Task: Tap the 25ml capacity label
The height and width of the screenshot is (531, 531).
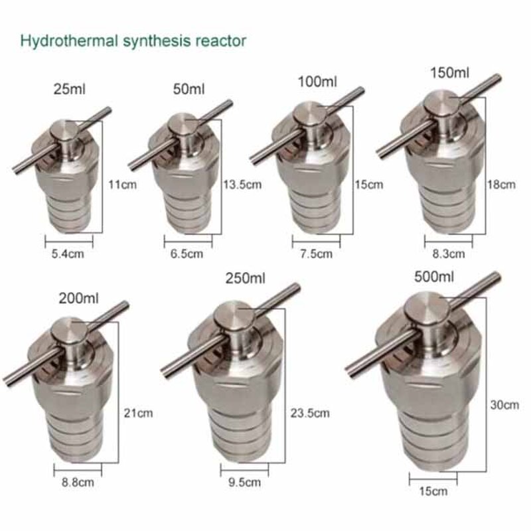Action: pyautogui.click(x=70, y=88)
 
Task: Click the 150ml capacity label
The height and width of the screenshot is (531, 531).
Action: pyautogui.click(x=450, y=72)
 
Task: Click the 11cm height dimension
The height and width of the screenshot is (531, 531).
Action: pyautogui.click(x=122, y=184)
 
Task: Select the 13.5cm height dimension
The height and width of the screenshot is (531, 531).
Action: pyautogui.click(x=243, y=184)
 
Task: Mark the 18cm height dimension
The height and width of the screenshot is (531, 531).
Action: pyautogui.click(x=501, y=185)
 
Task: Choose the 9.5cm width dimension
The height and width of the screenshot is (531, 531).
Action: pyautogui.click(x=245, y=483)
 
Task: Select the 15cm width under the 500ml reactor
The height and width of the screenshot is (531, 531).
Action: pyautogui.click(x=432, y=491)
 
